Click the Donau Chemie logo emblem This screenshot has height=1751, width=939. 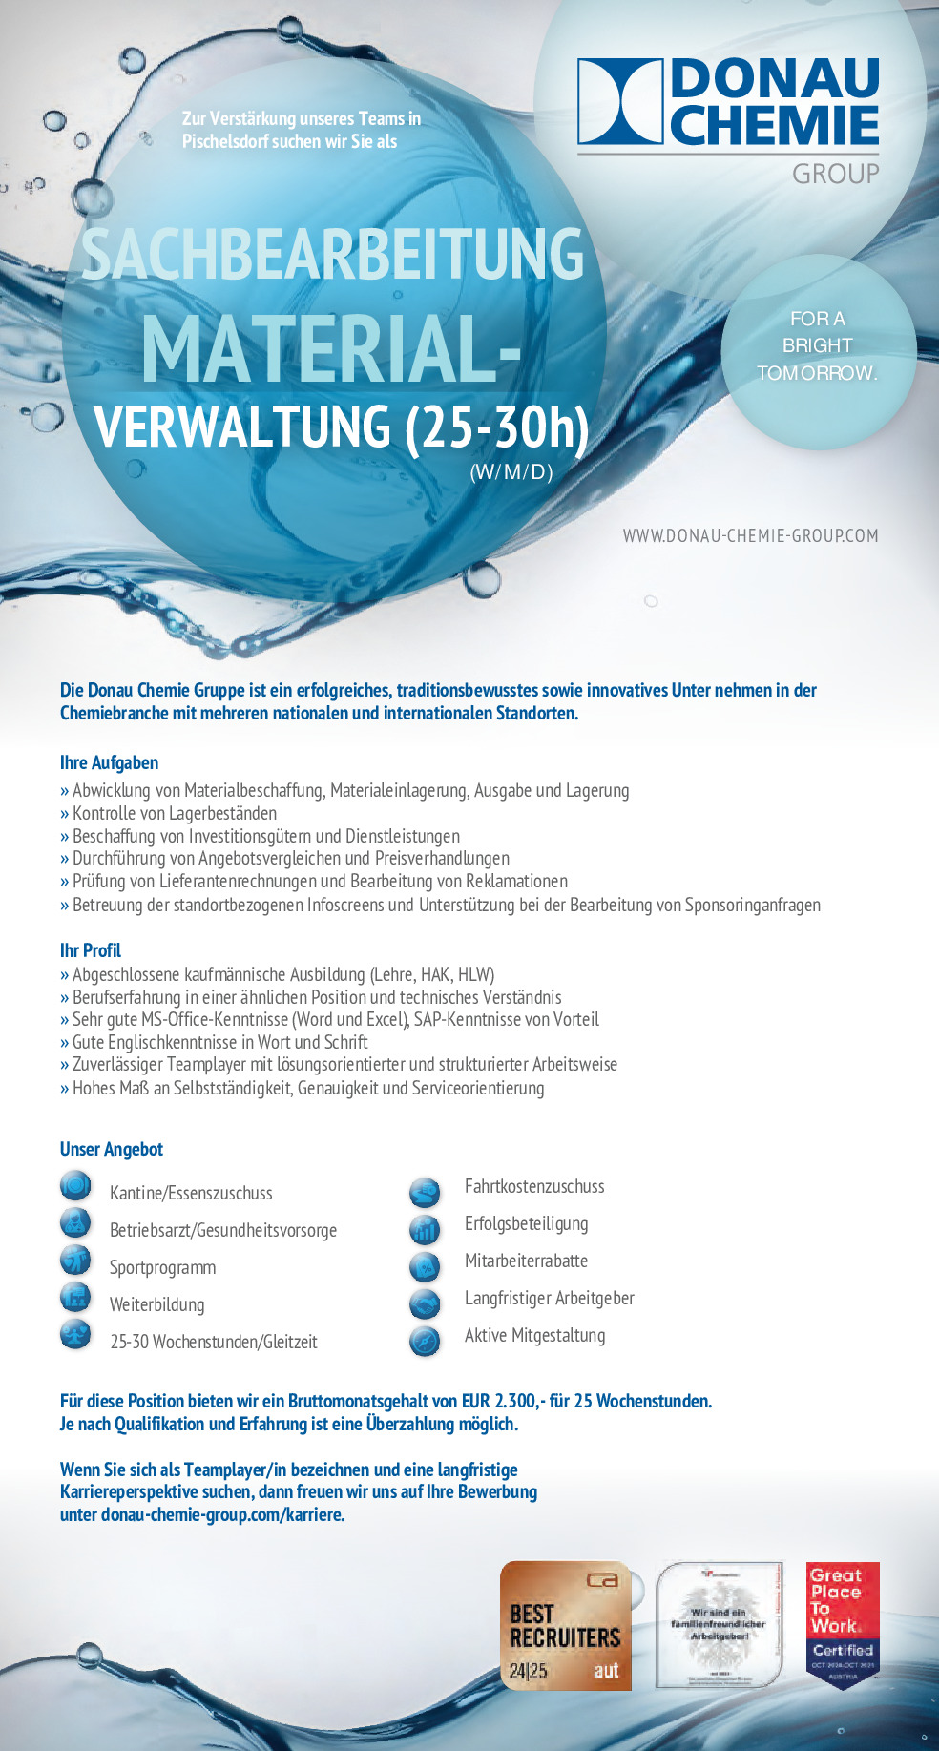(620, 102)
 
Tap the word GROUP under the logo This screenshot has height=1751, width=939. (835, 174)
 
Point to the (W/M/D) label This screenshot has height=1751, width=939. (511, 471)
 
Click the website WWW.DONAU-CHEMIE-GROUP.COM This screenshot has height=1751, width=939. (750, 535)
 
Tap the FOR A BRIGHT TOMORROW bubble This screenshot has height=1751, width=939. (818, 346)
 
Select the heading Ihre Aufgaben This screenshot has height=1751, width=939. (109, 762)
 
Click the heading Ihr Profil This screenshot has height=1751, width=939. (91, 950)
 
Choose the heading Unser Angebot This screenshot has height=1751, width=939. (112, 1149)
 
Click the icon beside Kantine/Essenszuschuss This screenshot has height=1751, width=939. (75, 1186)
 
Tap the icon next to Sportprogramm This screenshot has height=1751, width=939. (75, 1261)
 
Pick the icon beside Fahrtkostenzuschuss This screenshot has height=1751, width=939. (425, 1192)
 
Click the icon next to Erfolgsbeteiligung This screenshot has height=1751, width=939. (425, 1229)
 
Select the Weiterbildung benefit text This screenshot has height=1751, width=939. (156, 1304)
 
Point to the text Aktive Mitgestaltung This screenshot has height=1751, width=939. (534, 1335)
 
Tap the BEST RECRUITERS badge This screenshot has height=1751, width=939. (566, 1626)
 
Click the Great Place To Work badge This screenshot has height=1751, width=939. (843, 1624)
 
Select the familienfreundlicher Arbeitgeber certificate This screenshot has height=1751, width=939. (719, 1624)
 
